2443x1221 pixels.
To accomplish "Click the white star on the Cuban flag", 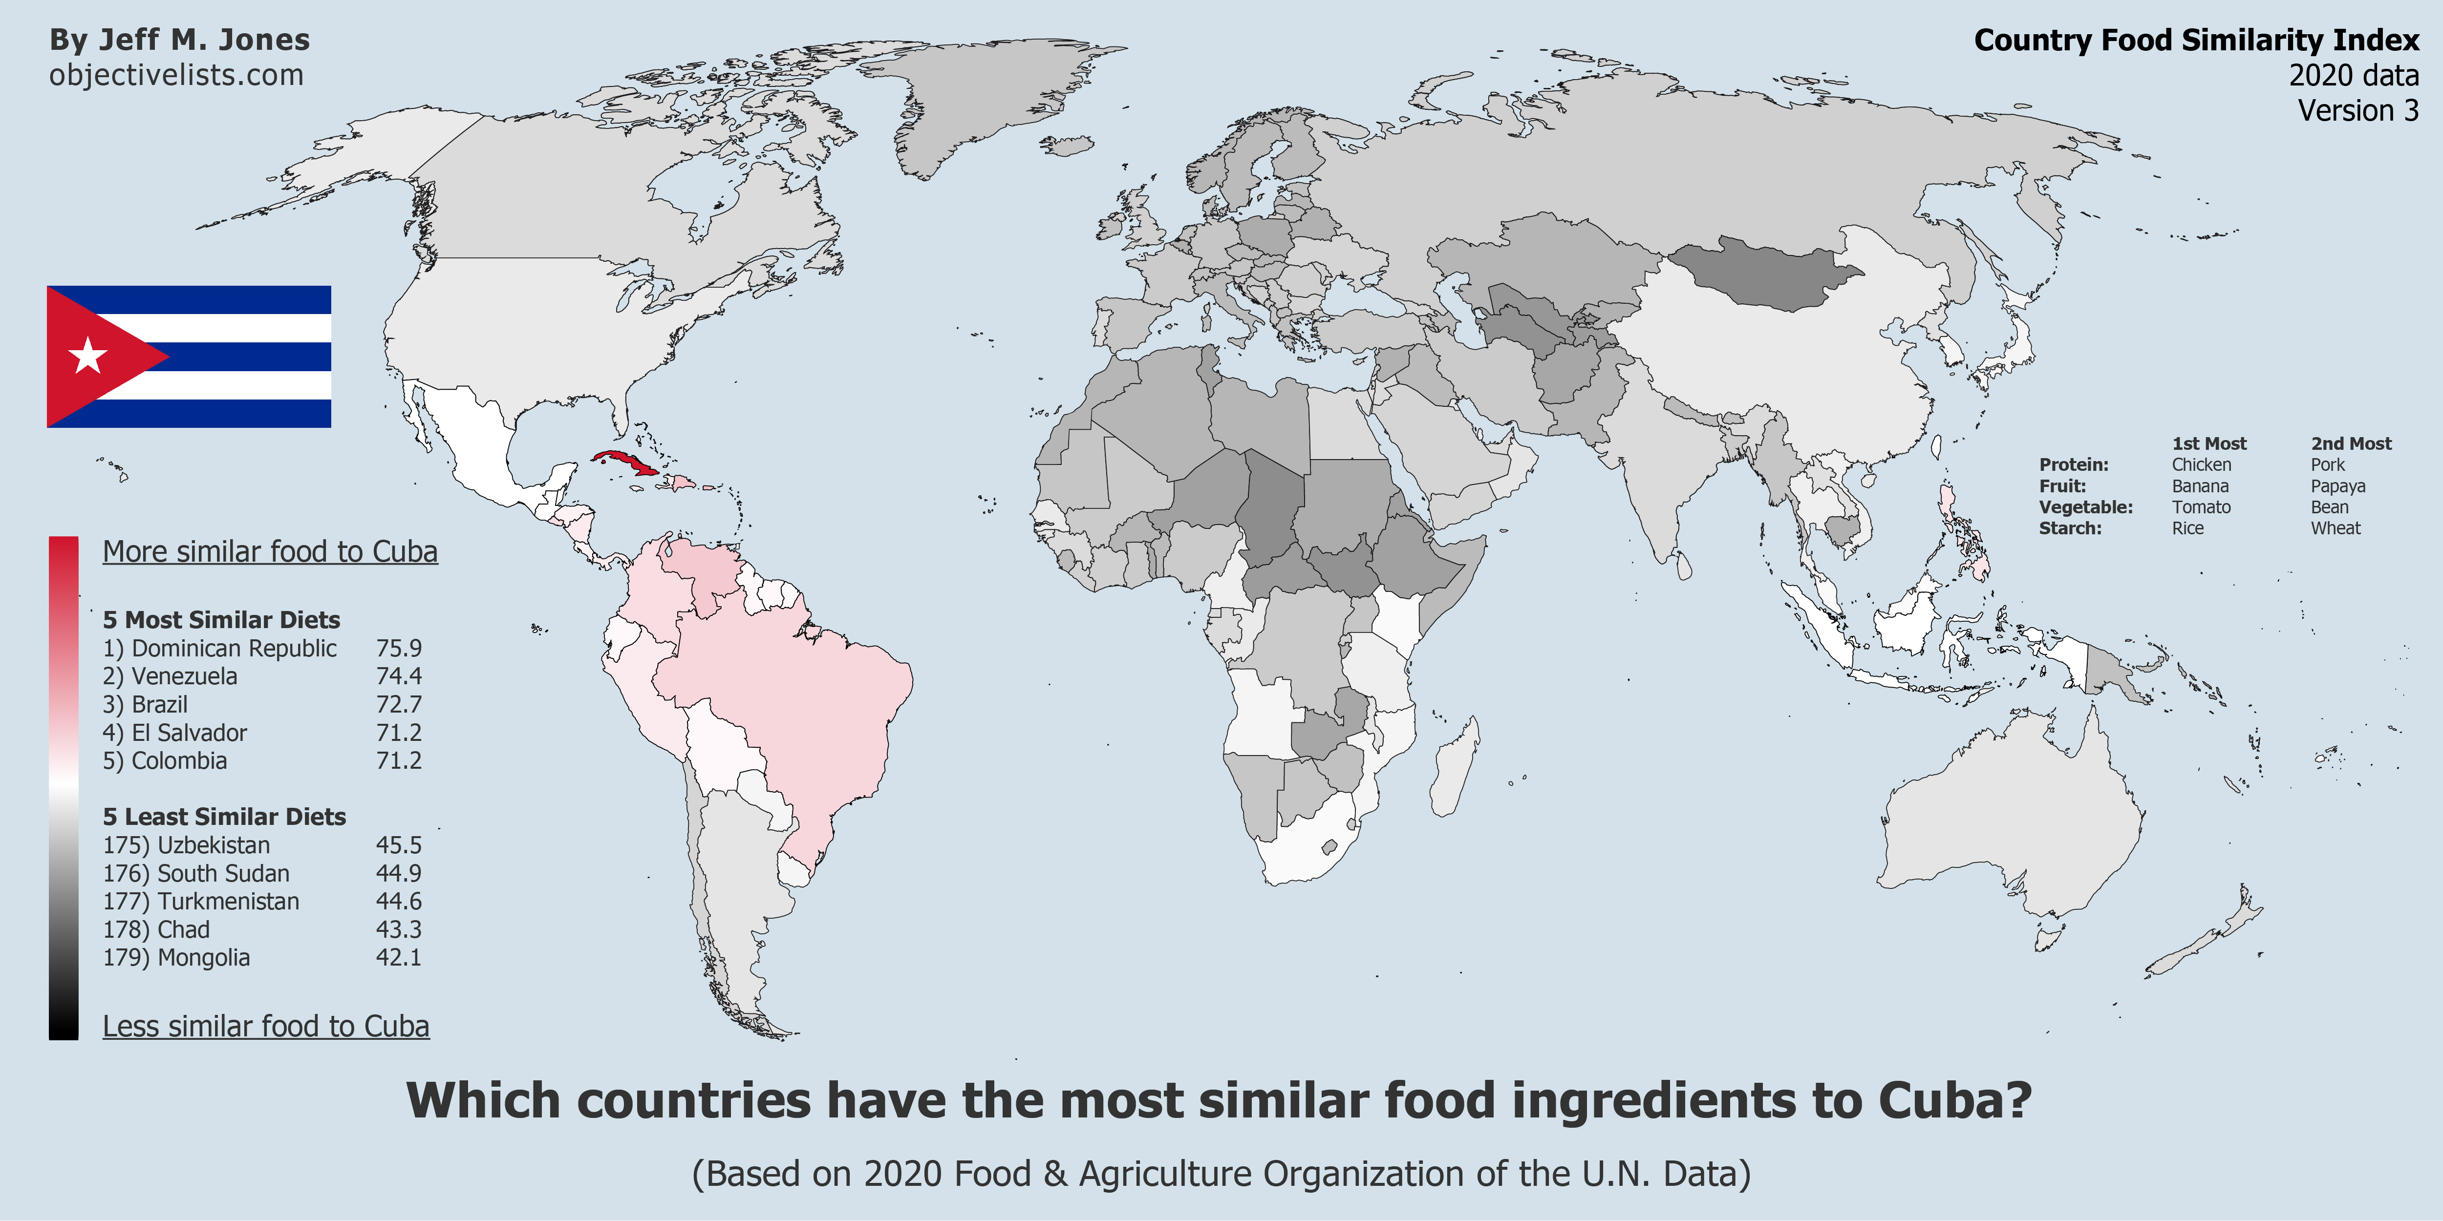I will point(88,357).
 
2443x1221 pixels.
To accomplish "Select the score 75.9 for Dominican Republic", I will point(398,649).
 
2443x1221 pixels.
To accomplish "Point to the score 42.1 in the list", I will point(398,957).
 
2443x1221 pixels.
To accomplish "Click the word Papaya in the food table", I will point(2338,486).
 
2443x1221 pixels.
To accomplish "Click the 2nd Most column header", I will point(2351,443).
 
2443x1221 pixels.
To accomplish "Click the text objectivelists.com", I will point(176,75).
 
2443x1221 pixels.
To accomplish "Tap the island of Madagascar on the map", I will point(1455,770).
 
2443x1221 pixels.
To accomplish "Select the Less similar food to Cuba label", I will point(265,1027).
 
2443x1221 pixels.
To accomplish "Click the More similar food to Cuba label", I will point(270,552).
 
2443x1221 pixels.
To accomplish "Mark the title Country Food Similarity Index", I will point(2196,41).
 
